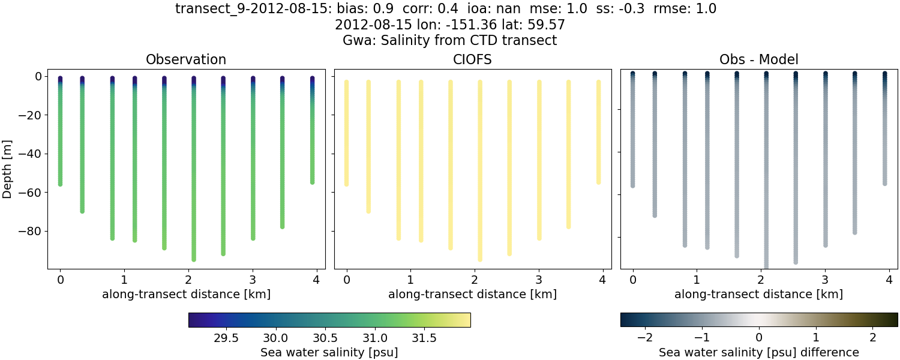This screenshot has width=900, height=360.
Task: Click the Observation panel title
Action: tap(186, 60)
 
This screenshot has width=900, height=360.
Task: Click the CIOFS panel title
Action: tap(472, 60)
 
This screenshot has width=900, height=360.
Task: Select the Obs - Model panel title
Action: tap(758, 60)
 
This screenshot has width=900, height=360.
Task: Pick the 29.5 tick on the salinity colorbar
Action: tap(226, 338)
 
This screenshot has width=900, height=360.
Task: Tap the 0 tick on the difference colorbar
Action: tap(759, 338)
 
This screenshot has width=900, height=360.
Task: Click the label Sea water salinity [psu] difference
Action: tap(758, 352)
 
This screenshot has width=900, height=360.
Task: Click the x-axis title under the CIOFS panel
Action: tap(472, 295)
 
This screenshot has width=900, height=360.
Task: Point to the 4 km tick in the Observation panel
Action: tap(316, 280)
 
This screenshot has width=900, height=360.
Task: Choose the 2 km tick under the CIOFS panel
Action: tap(474, 280)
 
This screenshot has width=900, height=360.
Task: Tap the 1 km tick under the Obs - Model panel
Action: tap(697, 280)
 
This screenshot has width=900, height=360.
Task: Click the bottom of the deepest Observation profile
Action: tap(194, 259)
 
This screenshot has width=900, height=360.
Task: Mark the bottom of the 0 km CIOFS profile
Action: tap(346, 184)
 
